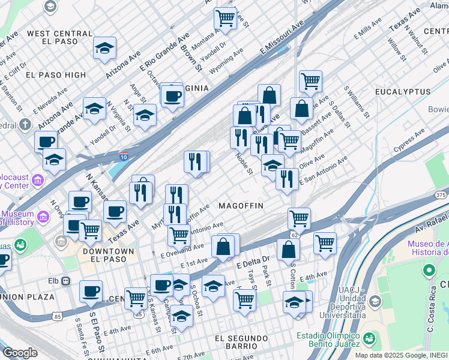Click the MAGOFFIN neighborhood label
click(x=240, y=205)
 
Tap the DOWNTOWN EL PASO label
click(x=108, y=255)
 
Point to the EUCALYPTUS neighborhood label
click(x=403, y=92)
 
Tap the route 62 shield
click(x=294, y=234)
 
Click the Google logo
click(x=19, y=353)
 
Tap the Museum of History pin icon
click(x=42, y=216)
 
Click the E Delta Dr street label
click(x=254, y=262)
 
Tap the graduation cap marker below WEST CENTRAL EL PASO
click(x=105, y=50)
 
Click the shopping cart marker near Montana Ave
click(x=225, y=18)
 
